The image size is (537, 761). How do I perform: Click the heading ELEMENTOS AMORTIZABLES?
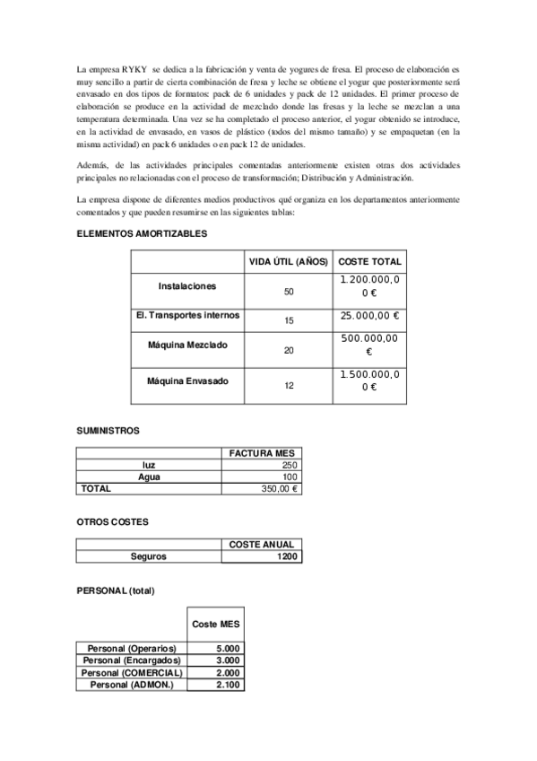pos(142,233)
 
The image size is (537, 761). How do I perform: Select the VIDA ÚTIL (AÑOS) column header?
pos(288,262)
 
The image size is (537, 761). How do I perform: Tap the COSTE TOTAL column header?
pos(369,262)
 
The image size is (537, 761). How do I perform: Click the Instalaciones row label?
pos(187,285)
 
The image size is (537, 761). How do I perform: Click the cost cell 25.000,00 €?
pos(369,316)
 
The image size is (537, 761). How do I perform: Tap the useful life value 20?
pos(288,350)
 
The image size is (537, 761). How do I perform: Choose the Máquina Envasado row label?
pos(187,380)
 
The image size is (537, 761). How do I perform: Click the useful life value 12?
pos(288,386)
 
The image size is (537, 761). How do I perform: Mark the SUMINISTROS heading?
pos(108,431)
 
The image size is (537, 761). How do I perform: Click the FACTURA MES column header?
pos(262,453)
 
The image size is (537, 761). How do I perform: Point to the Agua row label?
pos(149,477)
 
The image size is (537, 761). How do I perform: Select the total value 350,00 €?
pos(280,489)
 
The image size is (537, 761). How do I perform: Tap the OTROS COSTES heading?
pos(112,521)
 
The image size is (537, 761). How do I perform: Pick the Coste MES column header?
pos(215,624)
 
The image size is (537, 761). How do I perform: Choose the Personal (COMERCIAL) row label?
pos(132,672)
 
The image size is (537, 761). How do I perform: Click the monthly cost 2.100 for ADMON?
pos(228,685)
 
